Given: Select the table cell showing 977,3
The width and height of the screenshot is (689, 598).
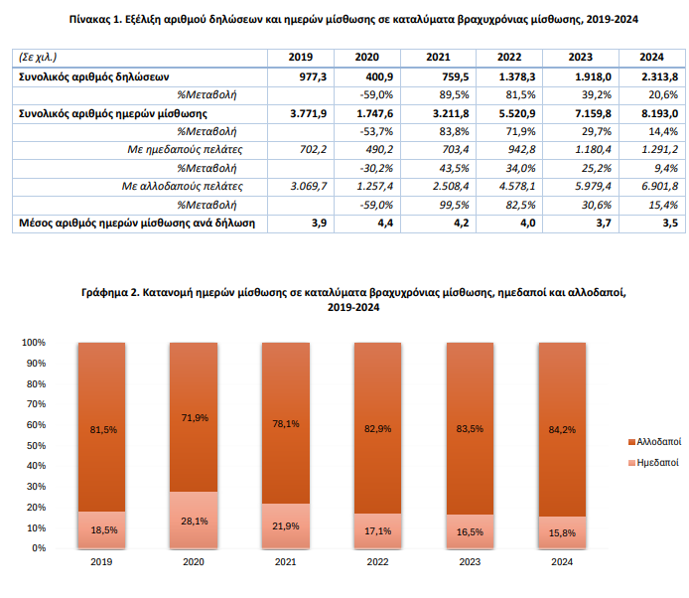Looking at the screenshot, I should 311,76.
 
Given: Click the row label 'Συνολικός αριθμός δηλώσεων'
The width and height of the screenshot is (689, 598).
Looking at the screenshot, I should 95,76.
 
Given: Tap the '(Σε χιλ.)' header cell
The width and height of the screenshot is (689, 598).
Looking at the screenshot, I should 40,58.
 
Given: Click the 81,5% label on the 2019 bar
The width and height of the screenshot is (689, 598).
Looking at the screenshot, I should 102,429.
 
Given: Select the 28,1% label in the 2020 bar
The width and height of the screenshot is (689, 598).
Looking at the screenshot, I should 194,520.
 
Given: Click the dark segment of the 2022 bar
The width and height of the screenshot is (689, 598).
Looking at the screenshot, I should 376,427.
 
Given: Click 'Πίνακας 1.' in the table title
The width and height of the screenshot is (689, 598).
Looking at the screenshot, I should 98,18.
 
